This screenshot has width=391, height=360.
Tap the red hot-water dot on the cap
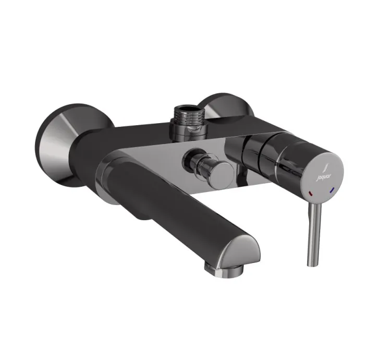312,193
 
